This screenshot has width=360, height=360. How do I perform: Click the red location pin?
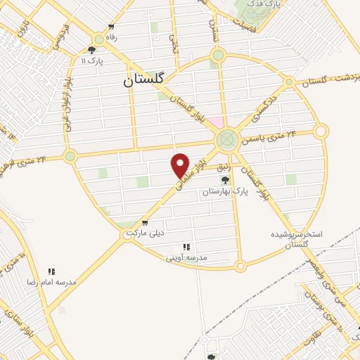(x=181, y=165)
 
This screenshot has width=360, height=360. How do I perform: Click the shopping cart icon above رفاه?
(x=110, y=27)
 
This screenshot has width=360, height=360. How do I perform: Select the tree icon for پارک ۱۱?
(x=92, y=49)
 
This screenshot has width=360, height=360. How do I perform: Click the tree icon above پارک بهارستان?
(x=225, y=180)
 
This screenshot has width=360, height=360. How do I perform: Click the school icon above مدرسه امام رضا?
(x=51, y=271)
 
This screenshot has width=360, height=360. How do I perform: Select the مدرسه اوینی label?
(x=186, y=257)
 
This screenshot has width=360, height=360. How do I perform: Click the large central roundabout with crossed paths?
(x=226, y=139)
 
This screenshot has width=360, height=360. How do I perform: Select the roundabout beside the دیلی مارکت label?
(x=127, y=235)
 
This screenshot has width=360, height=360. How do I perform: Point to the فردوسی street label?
(x=59, y=40)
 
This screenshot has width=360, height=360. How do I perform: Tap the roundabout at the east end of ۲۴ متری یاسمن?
(x=321, y=131)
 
